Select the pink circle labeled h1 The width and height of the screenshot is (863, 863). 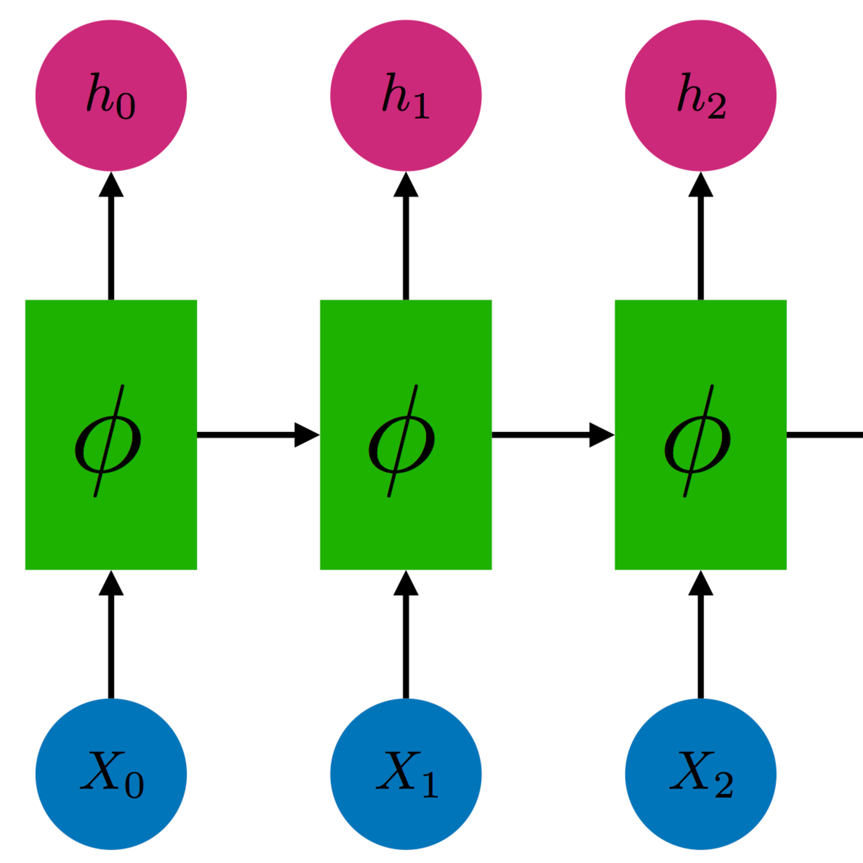(x=406, y=95)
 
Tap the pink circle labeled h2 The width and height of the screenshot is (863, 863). (x=700, y=95)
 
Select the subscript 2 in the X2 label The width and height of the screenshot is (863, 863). (x=724, y=787)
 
